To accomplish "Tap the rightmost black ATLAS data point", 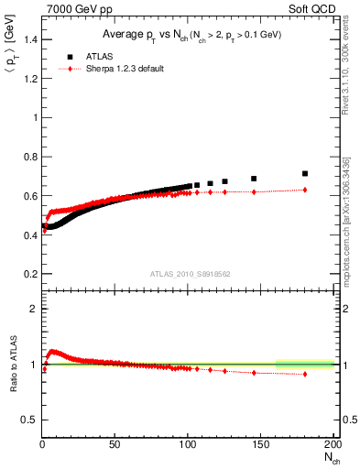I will click(x=305, y=173).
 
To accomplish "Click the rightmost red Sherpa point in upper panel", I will click(x=305, y=190).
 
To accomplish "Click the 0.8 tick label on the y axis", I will click(x=30, y=157).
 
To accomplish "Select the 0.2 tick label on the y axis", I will click(x=30, y=274).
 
